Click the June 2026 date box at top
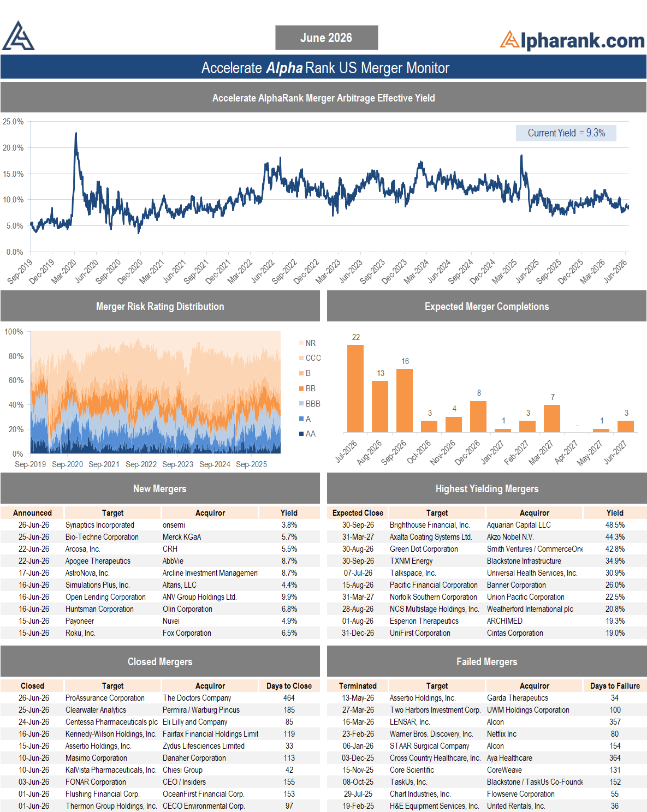(327, 38)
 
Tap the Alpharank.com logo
(572, 40)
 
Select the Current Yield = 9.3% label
(566, 133)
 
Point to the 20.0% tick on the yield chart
(13, 147)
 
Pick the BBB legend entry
(310, 403)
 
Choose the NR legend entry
(307, 343)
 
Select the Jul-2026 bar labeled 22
(355, 389)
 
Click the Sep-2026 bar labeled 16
(404, 401)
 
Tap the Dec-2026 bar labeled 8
(478, 416)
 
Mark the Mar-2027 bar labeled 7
(551, 419)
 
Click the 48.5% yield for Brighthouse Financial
(615, 525)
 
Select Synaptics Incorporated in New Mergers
(100, 525)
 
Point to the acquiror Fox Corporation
(187, 633)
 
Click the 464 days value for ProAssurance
(289, 697)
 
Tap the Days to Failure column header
(615, 685)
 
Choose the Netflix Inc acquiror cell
(502, 734)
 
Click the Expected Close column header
(358, 513)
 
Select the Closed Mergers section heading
(160, 661)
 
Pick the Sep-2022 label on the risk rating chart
(141, 464)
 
